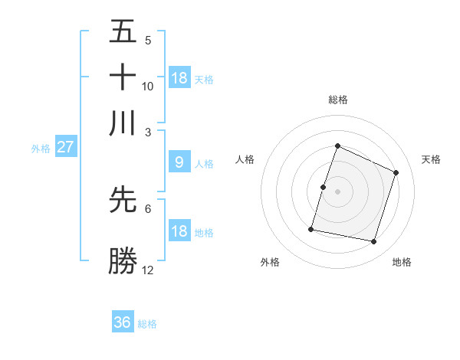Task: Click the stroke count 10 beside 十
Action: [x=148, y=87]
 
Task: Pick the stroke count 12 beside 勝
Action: [x=148, y=270]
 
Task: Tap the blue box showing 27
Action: [x=65, y=147]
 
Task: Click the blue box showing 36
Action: [x=123, y=322]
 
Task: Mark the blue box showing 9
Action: [x=179, y=162]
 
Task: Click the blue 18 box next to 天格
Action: [x=179, y=77]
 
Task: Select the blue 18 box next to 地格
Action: [x=179, y=231]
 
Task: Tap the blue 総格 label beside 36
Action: [x=147, y=324]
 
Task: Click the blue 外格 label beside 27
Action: [x=40, y=149]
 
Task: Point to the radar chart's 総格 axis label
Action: [x=337, y=100]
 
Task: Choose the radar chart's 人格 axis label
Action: [x=245, y=159]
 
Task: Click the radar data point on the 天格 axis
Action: [x=396, y=172]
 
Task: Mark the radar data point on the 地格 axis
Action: [x=373, y=241]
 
